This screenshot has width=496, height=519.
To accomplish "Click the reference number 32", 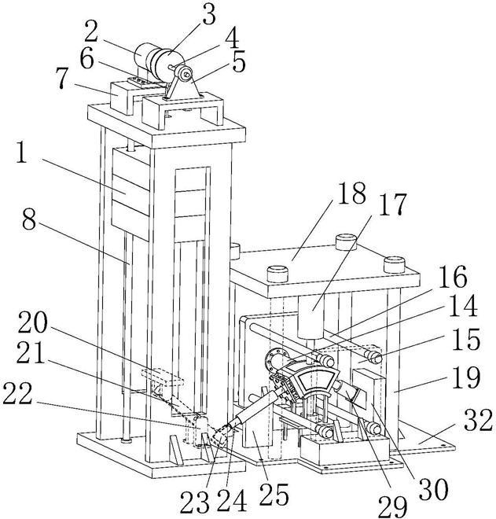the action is click(477, 420).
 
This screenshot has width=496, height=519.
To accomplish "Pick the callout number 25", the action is click(274, 493).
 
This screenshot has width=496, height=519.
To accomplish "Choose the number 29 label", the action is click(393, 506).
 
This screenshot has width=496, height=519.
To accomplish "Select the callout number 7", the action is click(62, 77).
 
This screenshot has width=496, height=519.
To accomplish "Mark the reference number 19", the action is click(465, 377).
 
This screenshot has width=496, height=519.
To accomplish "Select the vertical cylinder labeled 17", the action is click(311, 317).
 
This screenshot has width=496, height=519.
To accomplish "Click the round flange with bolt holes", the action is click(275, 359).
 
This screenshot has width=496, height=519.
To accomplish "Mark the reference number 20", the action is click(33, 324).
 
